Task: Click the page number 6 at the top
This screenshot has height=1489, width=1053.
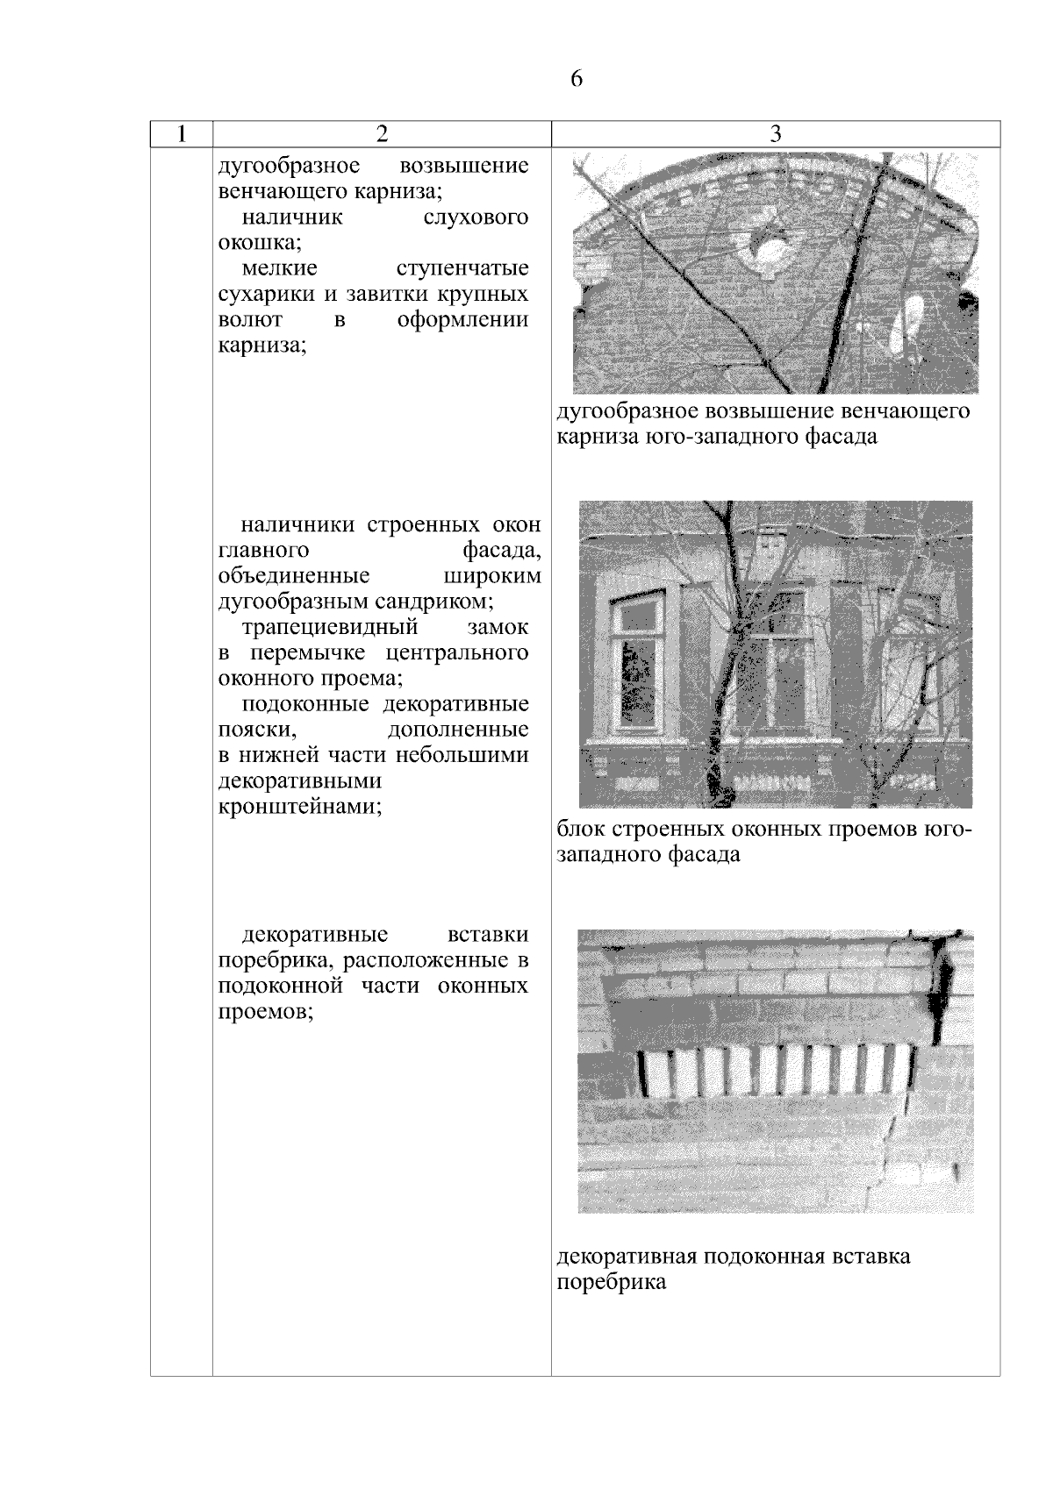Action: [577, 79]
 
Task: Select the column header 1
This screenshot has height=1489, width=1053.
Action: [181, 134]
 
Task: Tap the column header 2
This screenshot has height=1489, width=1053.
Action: [381, 134]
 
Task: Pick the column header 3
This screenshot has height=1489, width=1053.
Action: [775, 134]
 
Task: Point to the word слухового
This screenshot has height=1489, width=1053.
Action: [476, 217]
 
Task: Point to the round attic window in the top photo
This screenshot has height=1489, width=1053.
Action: [772, 254]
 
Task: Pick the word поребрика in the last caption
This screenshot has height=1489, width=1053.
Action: [612, 1282]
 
